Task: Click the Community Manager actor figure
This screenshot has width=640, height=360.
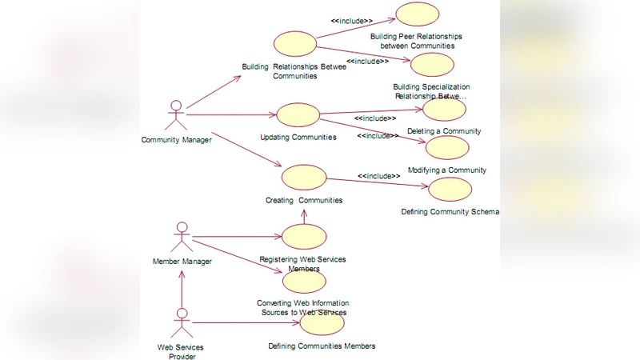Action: coord(175,115)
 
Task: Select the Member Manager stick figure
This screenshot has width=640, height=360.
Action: coord(182,237)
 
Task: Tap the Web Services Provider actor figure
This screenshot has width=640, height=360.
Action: coord(182,322)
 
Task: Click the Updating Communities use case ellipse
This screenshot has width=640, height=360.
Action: coord(298,114)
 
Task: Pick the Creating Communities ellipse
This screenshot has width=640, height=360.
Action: coord(304,178)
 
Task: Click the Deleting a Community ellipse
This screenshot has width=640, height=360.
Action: coord(444,110)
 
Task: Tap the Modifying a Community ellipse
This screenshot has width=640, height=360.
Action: coord(446,148)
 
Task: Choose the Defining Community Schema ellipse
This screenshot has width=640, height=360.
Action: coord(450,190)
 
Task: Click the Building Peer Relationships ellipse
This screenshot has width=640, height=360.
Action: coord(417,15)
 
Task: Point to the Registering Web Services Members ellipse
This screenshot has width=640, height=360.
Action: coord(304,236)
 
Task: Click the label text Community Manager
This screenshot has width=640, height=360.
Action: coord(176,140)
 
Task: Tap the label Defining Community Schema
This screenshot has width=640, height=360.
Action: coord(450,212)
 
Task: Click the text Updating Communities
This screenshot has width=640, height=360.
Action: coord(298,137)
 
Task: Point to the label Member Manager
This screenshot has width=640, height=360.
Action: coord(182,262)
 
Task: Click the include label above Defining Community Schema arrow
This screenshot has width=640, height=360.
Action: coord(378,176)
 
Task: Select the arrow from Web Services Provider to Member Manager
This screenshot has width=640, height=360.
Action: coord(182,288)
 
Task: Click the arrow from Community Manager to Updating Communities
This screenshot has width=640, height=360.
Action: coord(232,114)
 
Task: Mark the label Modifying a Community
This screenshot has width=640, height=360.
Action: coord(446,170)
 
